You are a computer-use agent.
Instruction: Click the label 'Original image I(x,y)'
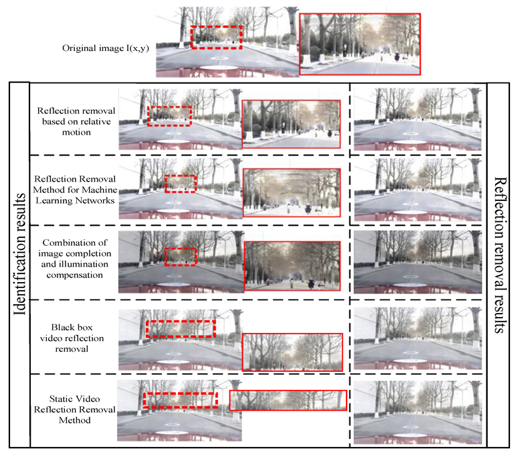(x=105, y=48)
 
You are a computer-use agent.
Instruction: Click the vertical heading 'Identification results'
(x=19, y=254)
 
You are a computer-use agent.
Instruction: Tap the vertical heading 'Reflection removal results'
(x=500, y=255)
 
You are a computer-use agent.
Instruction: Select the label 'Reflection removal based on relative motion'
(x=76, y=121)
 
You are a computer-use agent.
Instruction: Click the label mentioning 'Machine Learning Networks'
(x=75, y=190)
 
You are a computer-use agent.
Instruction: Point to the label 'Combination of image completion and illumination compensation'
(x=75, y=259)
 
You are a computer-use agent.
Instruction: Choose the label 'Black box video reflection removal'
(x=72, y=338)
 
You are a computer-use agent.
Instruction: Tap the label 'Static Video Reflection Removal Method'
(x=75, y=409)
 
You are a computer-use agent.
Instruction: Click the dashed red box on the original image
(x=216, y=26)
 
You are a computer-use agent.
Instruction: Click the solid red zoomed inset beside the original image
(x=360, y=14)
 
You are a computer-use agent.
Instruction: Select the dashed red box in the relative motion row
(x=169, y=107)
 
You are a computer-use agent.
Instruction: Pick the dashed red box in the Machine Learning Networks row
(x=181, y=176)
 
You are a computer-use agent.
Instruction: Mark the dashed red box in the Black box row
(x=181, y=321)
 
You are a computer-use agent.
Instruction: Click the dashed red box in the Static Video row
(x=181, y=393)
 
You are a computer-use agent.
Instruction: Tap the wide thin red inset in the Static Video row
(x=288, y=391)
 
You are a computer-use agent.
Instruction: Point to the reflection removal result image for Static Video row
(x=418, y=412)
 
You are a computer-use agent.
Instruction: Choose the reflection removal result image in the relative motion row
(x=418, y=119)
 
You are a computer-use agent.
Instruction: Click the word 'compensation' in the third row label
(x=75, y=275)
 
